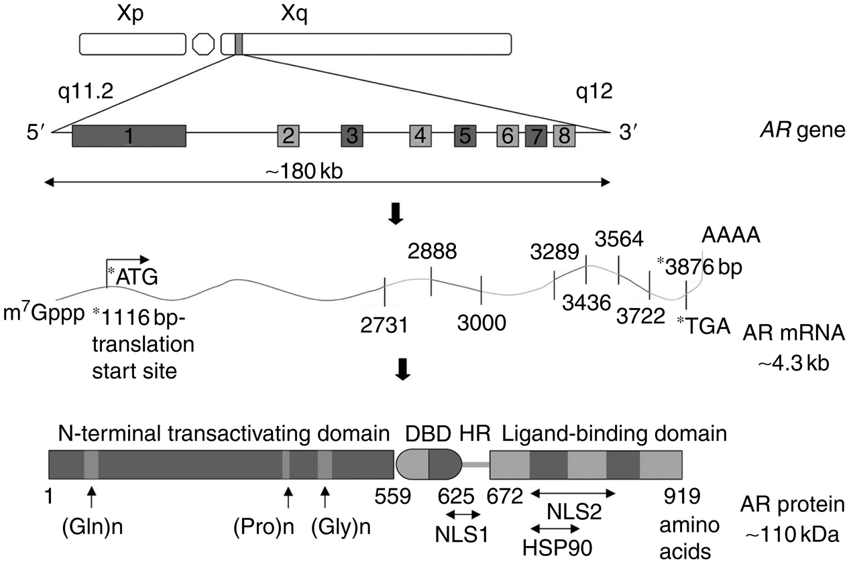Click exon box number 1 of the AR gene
129,136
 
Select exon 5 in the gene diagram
465,136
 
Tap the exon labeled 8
565,136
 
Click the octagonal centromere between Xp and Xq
203,44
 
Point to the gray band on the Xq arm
239,44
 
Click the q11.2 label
86,92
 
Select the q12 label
594,92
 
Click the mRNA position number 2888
432,251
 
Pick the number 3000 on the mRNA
482,323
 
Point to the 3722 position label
640,316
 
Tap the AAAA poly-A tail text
731,235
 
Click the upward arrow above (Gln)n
91,498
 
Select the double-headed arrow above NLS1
463,514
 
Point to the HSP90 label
557,547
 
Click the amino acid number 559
393,496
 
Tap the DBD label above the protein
429,434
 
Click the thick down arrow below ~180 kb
396,214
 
